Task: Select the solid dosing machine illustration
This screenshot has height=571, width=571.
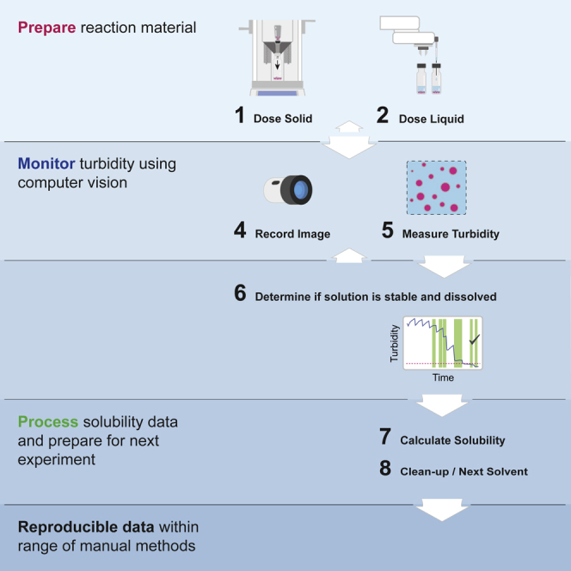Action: pos(279,53)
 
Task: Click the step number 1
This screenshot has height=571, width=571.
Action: pos(240,115)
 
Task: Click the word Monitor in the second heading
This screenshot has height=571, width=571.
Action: pos(44,161)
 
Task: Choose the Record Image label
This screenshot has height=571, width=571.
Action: pos(293,232)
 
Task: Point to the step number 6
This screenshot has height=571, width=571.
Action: pos(240,294)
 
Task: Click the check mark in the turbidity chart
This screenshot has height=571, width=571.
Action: pos(473,341)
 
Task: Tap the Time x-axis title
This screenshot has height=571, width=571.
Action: pos(443,378)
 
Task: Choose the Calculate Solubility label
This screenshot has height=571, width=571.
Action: pos(452,440)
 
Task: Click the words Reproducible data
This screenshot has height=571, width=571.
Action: pos(77,525)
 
